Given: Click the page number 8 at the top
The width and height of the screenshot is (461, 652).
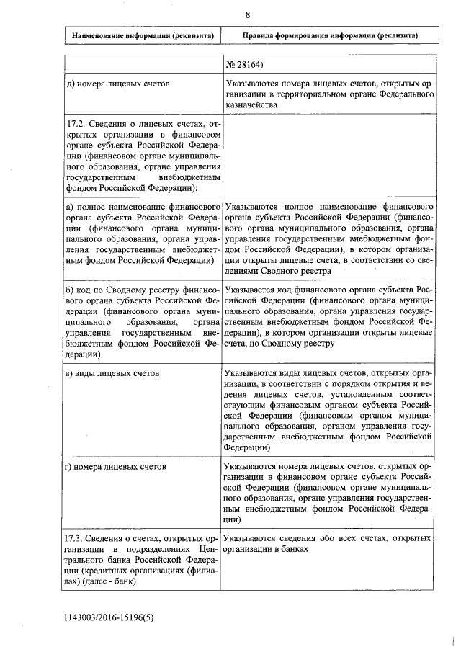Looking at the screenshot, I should tap(247, 14).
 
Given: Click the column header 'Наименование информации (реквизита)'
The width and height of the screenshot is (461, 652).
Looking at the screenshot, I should tap(142, 35).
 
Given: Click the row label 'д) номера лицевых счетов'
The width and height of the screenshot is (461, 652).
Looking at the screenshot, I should tap(118, 84).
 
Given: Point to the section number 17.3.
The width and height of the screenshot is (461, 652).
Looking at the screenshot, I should tap(75, 538).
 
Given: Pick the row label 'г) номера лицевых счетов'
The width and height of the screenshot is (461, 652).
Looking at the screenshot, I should tap(116, 467).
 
